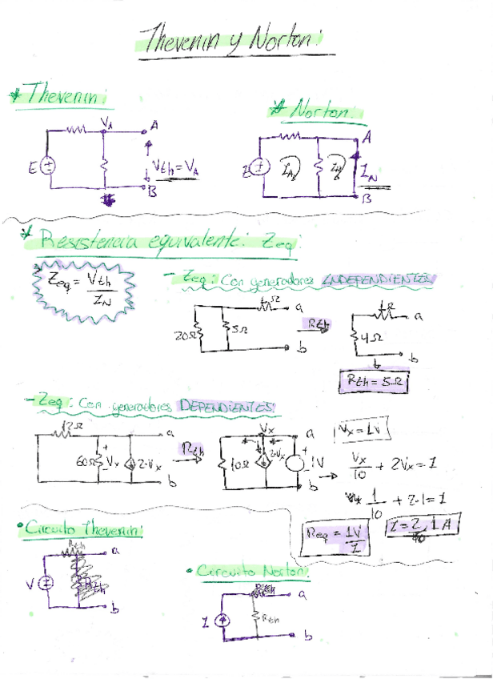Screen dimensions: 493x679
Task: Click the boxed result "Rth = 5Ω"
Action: [x=375, y=384]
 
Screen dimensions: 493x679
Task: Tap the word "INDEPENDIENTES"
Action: [x=378, y=280]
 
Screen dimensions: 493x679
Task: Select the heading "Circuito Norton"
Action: [x=250, y=571]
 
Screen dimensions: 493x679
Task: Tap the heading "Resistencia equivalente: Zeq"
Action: [x=168, y=239]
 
